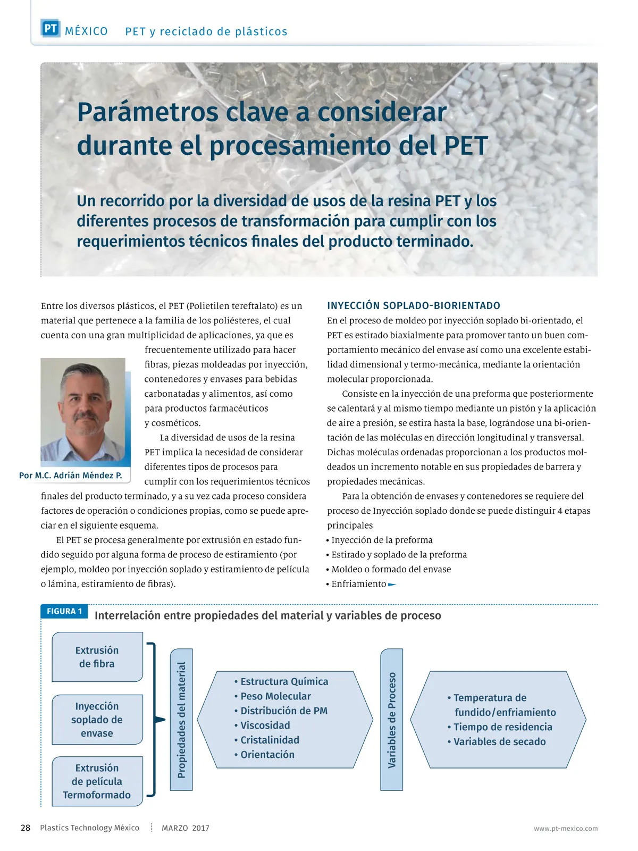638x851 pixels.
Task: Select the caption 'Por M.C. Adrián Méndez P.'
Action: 71,475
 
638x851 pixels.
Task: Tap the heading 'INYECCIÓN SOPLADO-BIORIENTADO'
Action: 414,306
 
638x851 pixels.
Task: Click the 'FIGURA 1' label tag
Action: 64,612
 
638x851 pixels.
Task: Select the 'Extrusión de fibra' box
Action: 97,657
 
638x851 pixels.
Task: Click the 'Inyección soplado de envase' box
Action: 97,720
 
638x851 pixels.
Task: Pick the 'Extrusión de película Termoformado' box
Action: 97,781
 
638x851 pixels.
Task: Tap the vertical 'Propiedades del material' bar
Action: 181,720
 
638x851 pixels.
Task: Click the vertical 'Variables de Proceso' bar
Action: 392,720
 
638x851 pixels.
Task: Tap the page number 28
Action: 26,828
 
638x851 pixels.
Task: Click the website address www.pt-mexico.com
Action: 566,828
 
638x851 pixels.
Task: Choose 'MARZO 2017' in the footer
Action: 186,828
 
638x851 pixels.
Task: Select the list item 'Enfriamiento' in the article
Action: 359,584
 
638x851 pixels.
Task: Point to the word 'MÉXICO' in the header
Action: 86,31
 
